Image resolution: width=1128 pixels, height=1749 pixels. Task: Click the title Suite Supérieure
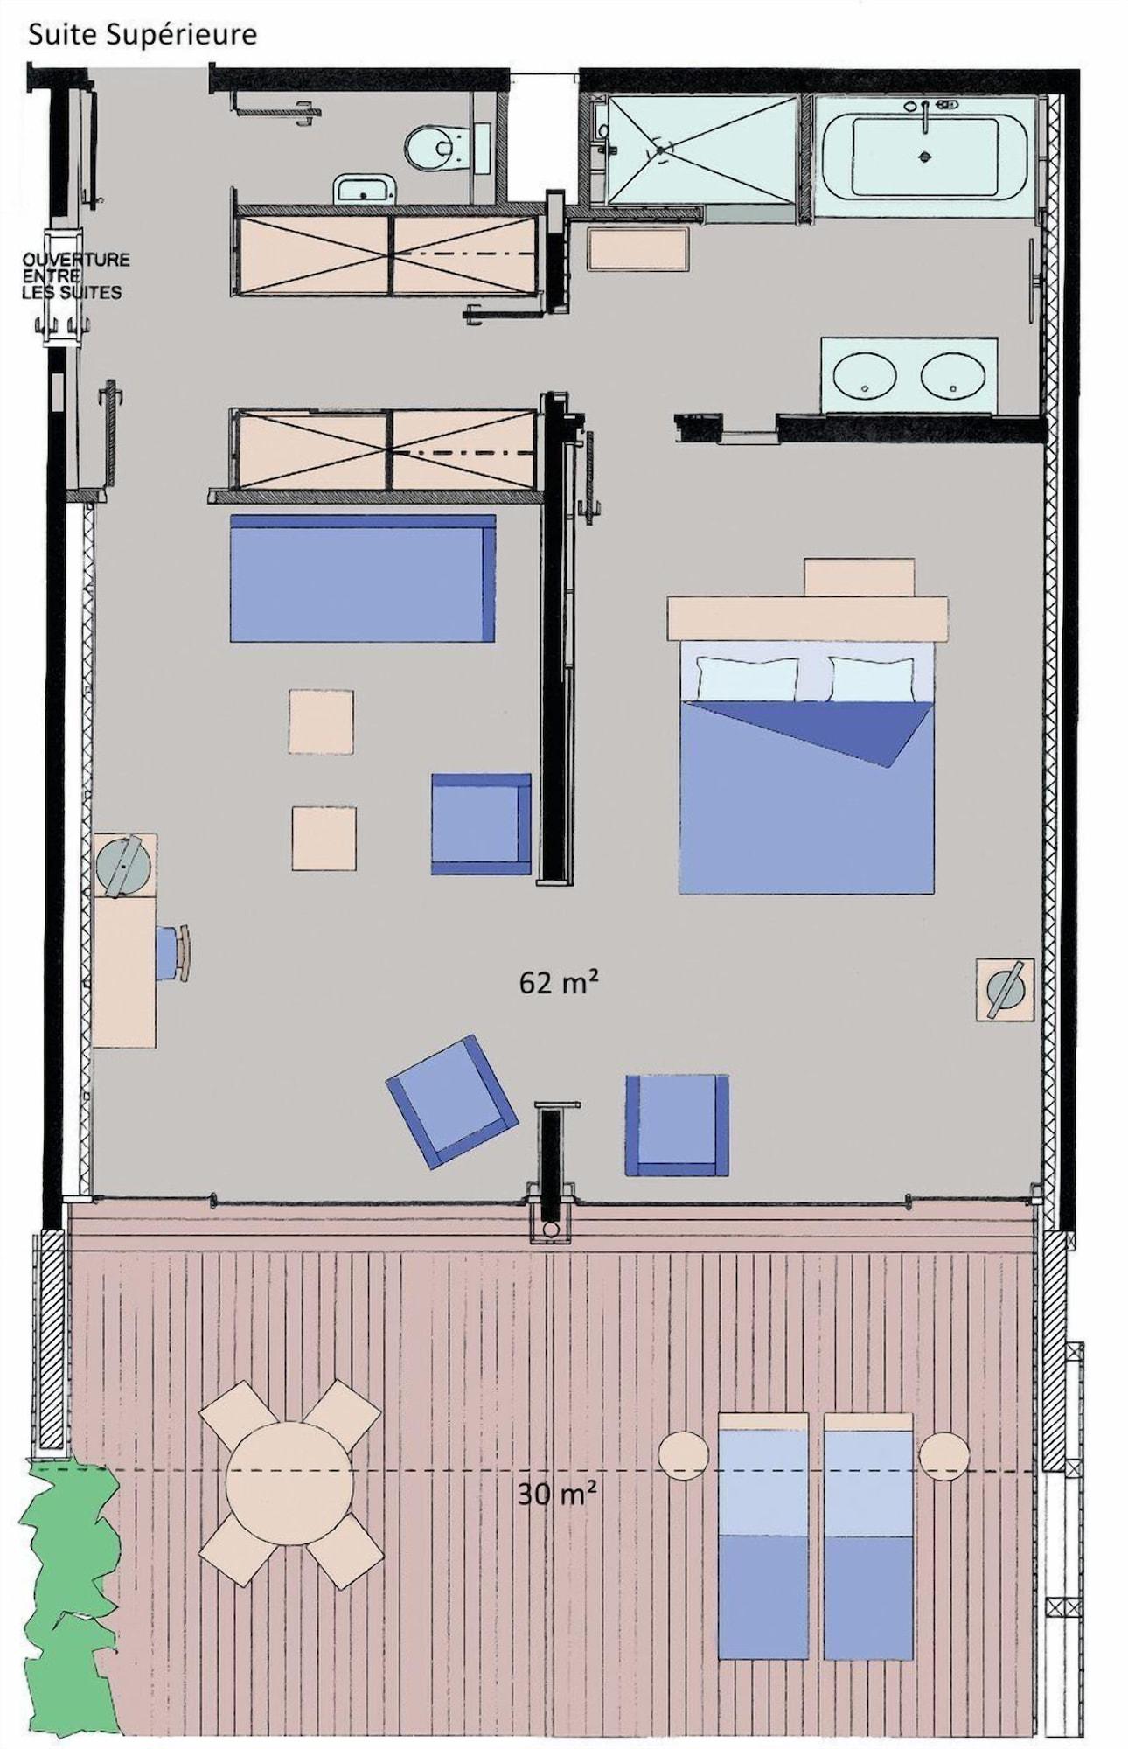click(x=143, y=36)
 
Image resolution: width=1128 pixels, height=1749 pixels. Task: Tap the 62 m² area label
click(x=559, y=982)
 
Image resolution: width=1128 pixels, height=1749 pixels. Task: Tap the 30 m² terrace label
click(x=557, y=1494)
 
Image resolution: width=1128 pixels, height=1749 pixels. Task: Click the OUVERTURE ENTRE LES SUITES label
click(x=74, y=275)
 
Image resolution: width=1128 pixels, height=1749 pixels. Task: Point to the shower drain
click(x=660, y=150)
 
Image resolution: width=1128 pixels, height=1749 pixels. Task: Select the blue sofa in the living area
click(x=362, y=578)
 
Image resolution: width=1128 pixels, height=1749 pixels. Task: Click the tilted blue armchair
click(x=452, y=1101)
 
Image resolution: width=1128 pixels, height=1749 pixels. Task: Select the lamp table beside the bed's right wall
click(x=1006, y=989)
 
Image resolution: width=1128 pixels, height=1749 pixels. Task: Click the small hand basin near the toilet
click(x=366, y=188)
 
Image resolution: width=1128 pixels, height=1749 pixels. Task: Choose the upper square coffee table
click(x=322, y=721)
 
